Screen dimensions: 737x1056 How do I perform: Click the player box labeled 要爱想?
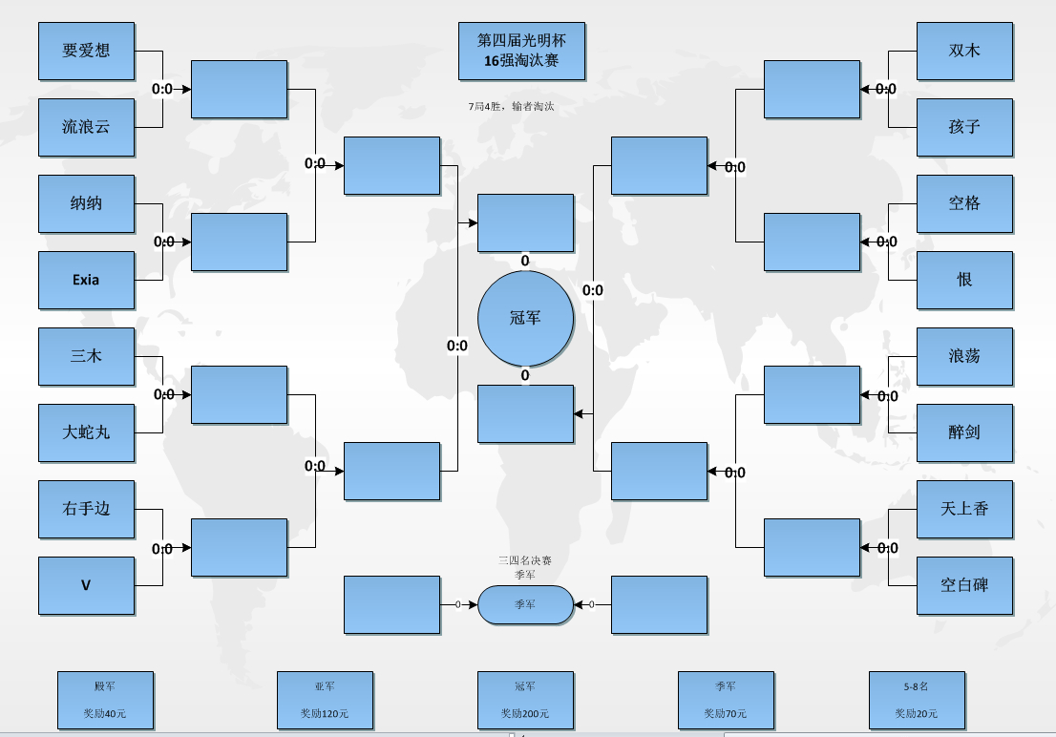point(86,51)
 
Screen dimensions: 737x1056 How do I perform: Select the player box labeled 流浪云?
point(86,127)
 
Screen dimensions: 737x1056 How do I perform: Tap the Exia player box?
point(86,280)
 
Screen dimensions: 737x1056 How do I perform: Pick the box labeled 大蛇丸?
point(86,432)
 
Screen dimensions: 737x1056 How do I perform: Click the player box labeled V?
point(86,585)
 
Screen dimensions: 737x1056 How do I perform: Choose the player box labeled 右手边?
point(86,509)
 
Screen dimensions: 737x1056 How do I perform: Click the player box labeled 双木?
point(964,51)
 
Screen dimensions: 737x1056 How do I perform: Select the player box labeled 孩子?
point(964,127)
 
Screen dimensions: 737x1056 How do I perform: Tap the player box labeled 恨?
point(964,280)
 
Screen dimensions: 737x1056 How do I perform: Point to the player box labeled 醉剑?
point(964,432)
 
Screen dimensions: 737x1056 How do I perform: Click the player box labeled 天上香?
point(964,509)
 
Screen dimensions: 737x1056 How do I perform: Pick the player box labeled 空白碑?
point(964,585)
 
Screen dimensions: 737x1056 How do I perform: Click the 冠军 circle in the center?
point(525,318)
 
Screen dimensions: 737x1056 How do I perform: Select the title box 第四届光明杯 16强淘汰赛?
point(521,51)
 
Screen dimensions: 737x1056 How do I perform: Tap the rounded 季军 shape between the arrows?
point(525,604)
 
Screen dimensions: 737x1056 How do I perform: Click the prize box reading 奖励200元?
point(525,700)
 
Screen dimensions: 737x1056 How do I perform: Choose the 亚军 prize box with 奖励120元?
point(325,700)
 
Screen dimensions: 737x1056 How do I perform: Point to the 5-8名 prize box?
point(917,700)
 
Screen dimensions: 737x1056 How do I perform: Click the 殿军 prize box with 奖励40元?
point(105,700)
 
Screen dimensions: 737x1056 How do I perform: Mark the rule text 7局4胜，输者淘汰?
point(512,107)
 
